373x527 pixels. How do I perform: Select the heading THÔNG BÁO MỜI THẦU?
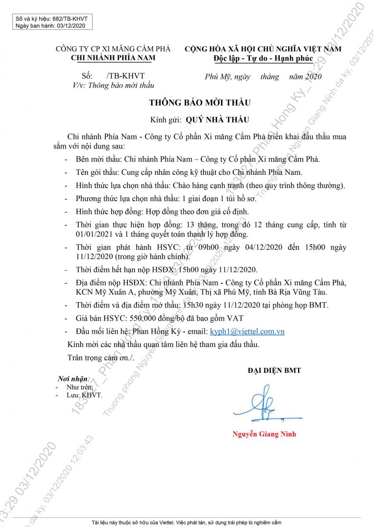click(x=199, y=103)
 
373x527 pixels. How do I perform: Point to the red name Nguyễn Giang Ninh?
click(x=264, y=434)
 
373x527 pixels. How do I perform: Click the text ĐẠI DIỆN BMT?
click(x=274, y=371)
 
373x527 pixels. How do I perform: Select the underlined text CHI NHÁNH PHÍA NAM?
click(x=113, y=58)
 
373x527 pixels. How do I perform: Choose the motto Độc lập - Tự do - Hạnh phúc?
click(x=263, y=58)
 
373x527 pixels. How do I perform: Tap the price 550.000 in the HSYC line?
click(x=120, y=318)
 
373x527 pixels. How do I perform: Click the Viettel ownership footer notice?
click(x=186, y=523)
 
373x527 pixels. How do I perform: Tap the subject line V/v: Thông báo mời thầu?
click(x=114, y=86)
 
